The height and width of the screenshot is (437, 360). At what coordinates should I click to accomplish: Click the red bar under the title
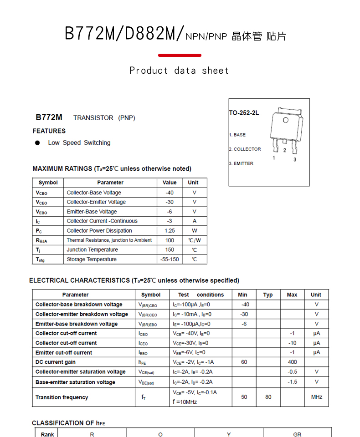coord(180,55)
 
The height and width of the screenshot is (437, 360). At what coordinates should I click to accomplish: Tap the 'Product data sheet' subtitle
coord(179,71)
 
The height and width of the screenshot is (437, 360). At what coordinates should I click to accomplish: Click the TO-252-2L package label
coord(244,113)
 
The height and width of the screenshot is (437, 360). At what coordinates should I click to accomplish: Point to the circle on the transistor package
coord(286,120)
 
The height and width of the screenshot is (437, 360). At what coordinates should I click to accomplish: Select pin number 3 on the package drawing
coord(295,159)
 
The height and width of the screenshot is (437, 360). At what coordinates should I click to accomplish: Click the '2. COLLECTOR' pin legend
coord(245,149)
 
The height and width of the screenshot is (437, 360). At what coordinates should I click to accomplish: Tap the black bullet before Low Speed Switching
coord(37,143)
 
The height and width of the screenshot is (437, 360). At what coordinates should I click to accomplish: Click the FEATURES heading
coord(49,131)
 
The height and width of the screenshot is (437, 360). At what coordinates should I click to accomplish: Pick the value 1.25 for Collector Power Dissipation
coord(170,231)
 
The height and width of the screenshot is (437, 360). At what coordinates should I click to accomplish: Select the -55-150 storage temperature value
coord(170,259)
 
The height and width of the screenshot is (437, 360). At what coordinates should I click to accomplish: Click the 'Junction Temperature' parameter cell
coord(92,250)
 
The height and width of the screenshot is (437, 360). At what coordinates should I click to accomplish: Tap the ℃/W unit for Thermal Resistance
coord(194,240)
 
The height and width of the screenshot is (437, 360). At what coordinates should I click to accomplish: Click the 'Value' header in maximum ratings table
coord(170,183)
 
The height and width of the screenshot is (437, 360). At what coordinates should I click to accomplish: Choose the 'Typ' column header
coord(268,295)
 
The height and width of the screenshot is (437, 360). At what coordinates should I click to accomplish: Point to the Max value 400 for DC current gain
coord(292,362)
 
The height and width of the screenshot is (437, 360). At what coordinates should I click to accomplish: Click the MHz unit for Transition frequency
coord(317,397)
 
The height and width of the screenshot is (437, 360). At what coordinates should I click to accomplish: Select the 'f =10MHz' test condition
coord(185,402)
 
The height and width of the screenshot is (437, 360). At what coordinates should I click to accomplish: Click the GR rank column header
coord(297,434)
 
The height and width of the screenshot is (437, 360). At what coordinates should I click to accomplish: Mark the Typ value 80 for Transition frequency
coord(268,397)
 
